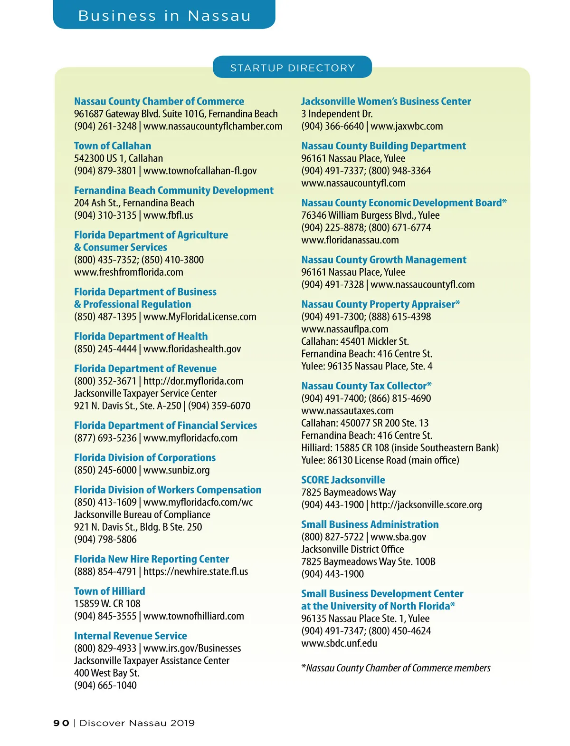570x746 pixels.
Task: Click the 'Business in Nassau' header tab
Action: [164, 16]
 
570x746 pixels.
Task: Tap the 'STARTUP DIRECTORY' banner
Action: [292, 68]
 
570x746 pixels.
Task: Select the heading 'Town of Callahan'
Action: [113, 146]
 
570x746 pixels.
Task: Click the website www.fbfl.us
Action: [168, 215]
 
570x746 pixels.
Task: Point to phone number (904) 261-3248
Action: [105, 126]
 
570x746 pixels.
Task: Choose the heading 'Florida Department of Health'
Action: [141, 337]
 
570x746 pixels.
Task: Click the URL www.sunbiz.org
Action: [176, 470]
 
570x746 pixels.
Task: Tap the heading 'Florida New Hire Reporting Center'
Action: [152, 559]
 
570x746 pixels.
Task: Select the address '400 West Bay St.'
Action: [106, 673]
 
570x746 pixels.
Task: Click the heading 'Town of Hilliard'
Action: [109, 591]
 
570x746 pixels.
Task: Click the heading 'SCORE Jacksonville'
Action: [343, 480]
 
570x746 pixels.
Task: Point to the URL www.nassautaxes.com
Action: [347, 411]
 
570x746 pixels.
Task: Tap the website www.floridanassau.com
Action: [350, 240]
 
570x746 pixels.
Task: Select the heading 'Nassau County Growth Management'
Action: [384, 260]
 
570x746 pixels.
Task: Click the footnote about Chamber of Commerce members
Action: [396, 668]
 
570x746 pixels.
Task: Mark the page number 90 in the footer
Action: [61, 723]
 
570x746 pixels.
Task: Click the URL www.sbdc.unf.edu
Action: [339, 643]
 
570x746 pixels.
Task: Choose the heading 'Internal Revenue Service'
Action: [130, 636]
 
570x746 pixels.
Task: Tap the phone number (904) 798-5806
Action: [105, 540]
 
